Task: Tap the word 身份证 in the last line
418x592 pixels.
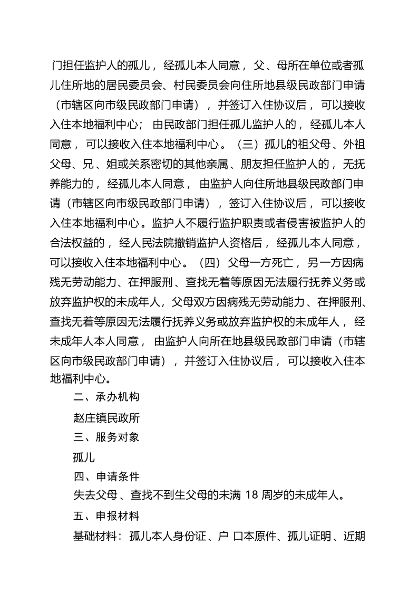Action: [196, 537]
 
